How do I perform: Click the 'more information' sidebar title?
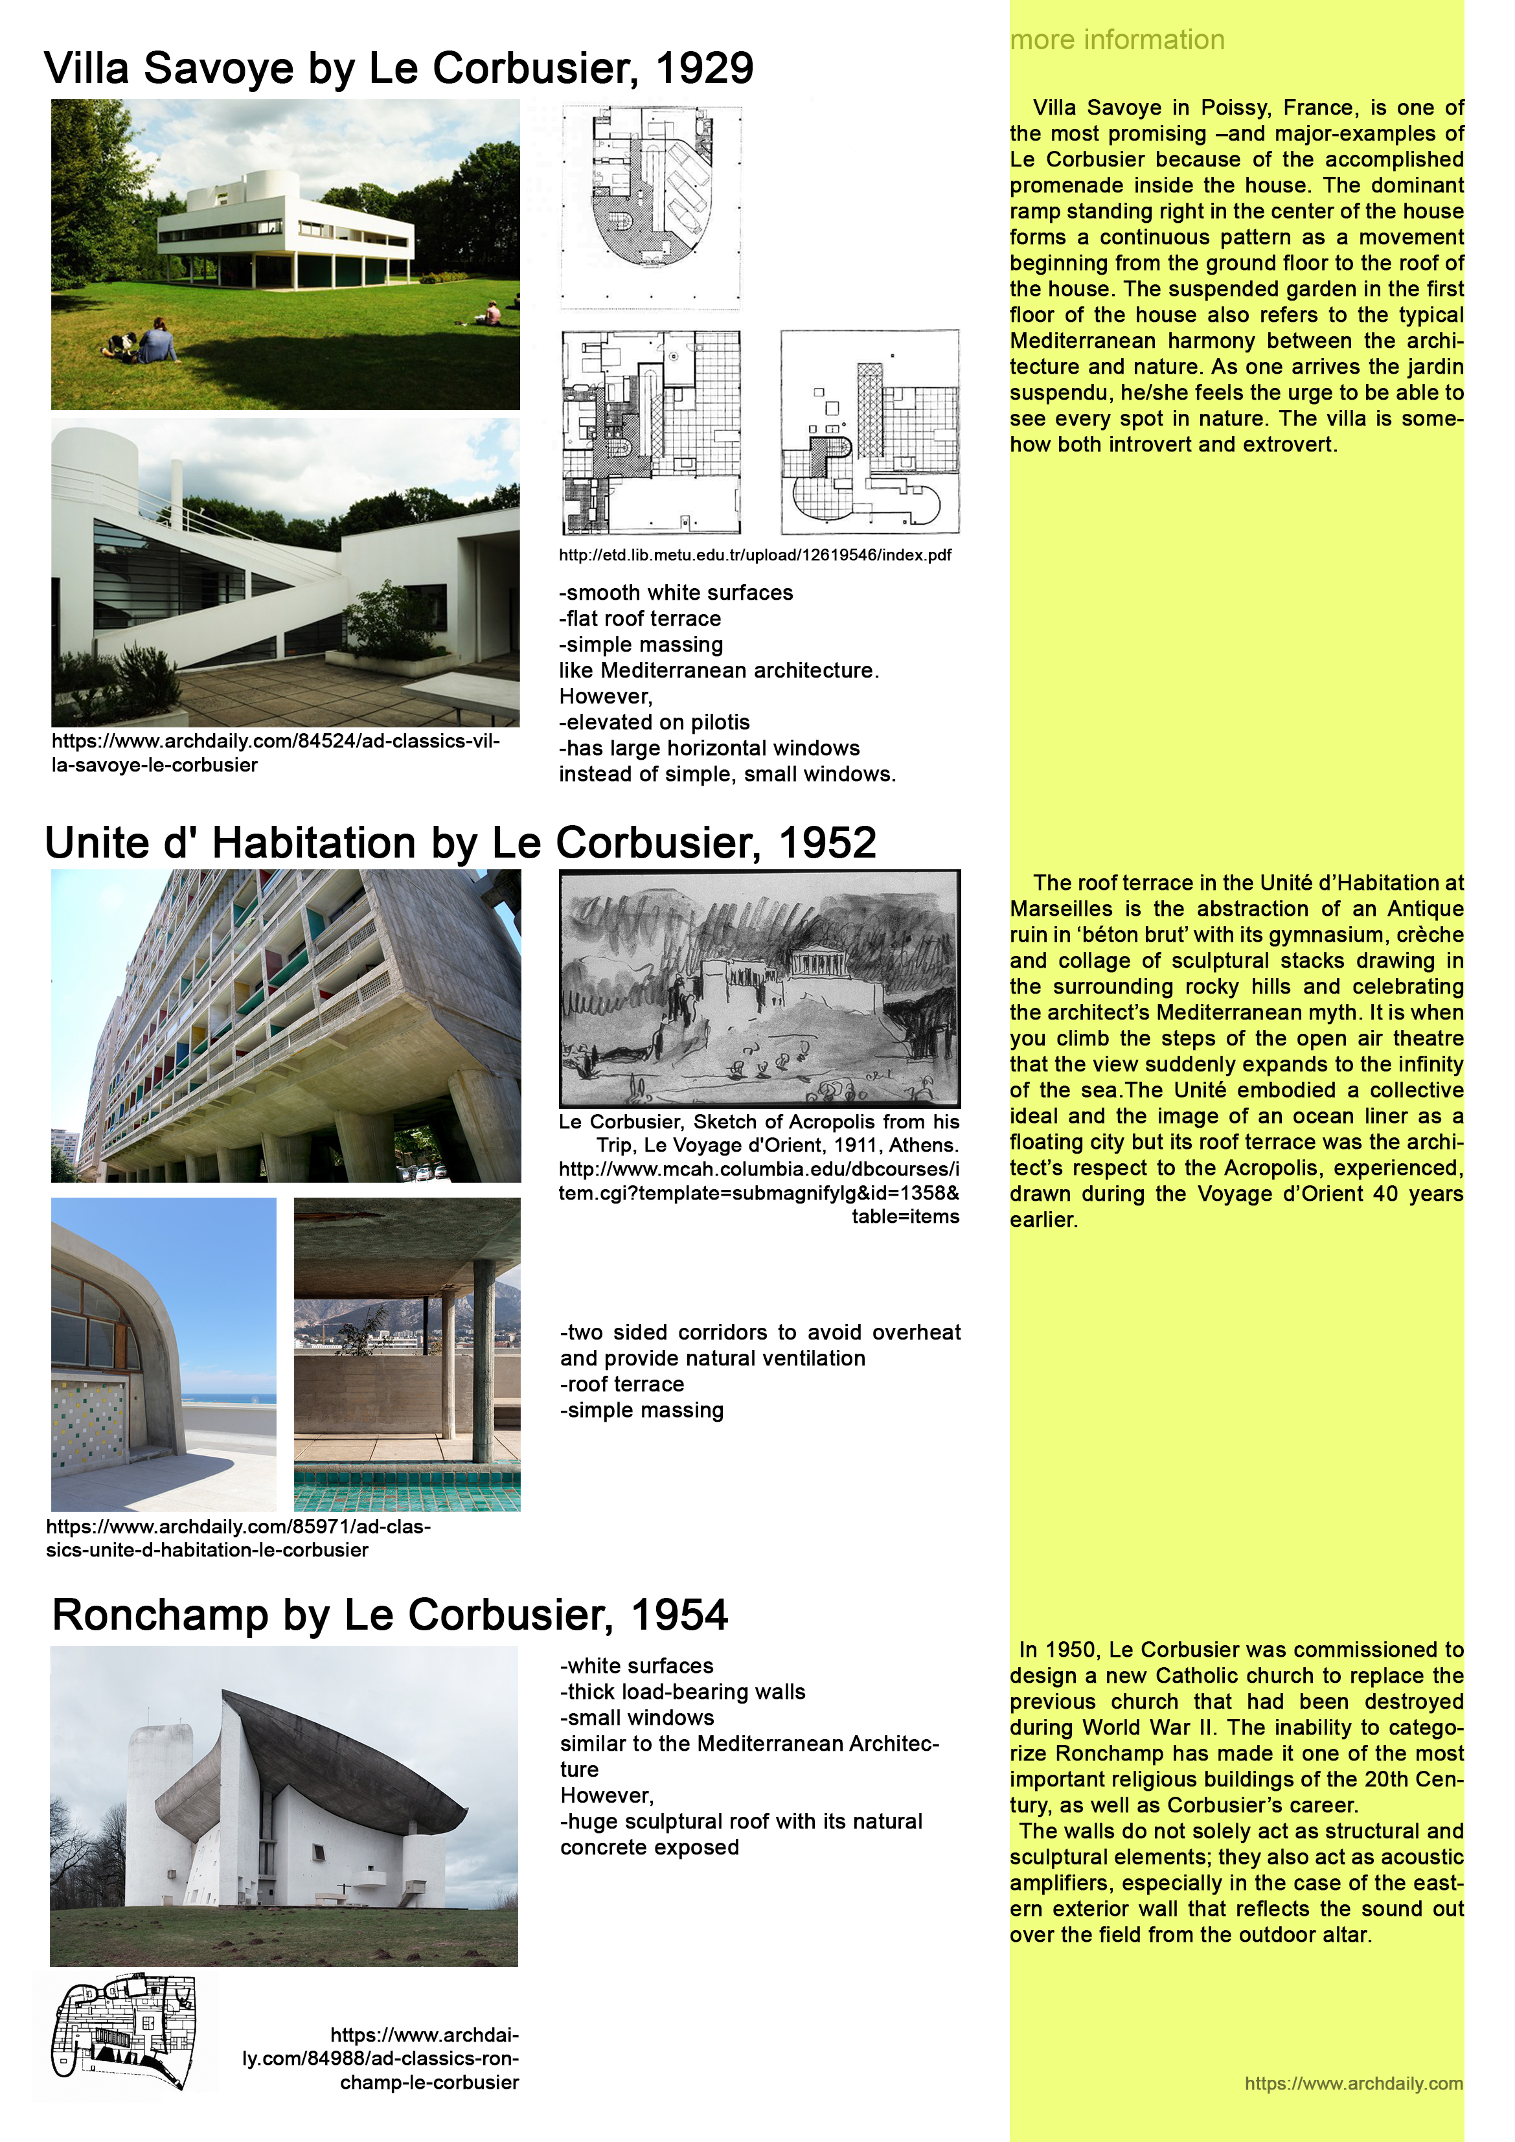pos(1117,40)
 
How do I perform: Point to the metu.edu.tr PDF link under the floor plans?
pos(755,555)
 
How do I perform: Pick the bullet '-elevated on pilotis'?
pos(654,722)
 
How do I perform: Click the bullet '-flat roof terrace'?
pos(640,619)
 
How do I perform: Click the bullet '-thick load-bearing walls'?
pos(682,1691)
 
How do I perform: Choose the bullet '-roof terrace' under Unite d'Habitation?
pos(622,1384)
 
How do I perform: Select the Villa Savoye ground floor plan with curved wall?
pos(651,207)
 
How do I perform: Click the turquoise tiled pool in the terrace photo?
pos(407,1483)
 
